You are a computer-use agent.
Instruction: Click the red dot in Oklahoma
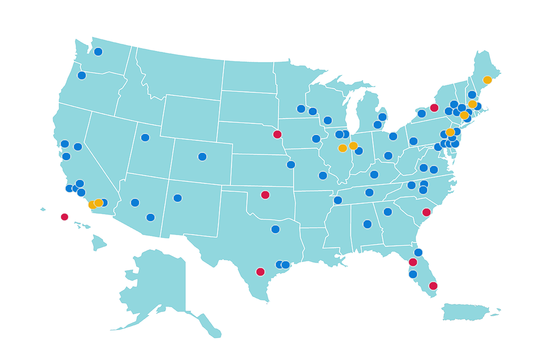(265, 195)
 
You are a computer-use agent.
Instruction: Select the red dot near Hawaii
(64, 217)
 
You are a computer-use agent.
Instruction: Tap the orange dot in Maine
(487, 80)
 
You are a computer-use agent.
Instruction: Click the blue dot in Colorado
(202, 157)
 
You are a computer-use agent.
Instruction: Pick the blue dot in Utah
(145, 137)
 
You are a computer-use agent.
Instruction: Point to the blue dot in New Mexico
(178, 198)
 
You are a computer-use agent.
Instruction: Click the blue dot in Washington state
(98, 52)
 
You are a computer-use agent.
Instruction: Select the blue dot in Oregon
(82, 75)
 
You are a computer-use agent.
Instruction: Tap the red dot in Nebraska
(277, 135)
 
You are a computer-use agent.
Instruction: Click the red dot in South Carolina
(427, 212)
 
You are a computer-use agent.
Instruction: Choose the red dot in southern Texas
(261, 272)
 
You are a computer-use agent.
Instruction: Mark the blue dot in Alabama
(368, 224)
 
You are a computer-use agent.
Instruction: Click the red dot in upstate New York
(434, 108)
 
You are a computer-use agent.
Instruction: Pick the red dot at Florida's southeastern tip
(433, 286)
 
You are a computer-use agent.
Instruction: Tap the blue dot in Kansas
(291, 165)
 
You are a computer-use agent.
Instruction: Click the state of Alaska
(160, 285)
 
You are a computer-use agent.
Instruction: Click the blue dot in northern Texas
(276, 229)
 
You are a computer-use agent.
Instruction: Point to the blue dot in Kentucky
(374, 175)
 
